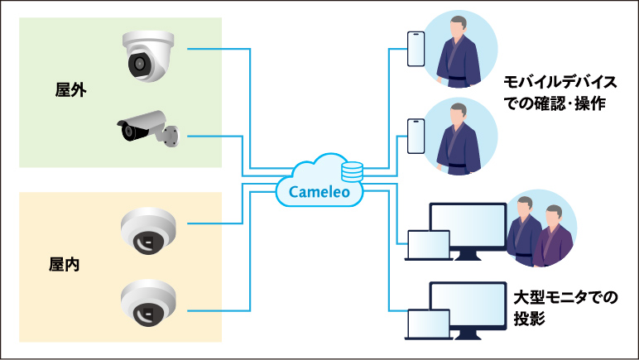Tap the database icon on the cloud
(353, 171)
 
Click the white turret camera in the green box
(148, 55)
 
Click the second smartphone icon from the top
(416, 135)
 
